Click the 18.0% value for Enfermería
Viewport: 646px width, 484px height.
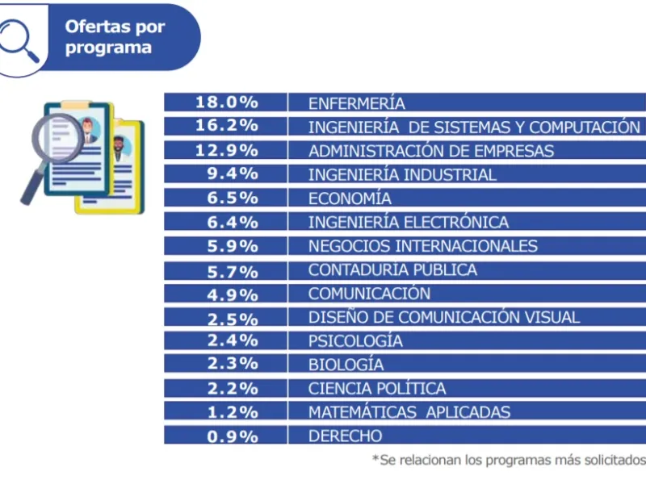pyautogui.click(x=226, y=102)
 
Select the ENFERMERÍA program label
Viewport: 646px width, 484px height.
pyautogui.click(x=356, y=103)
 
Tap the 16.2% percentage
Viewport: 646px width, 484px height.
pyautogui.click(x=226, y=127)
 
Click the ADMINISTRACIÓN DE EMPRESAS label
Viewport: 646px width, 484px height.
pyautogui.click(x=431, y=151)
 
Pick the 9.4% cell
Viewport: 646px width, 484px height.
pyautogui.click(x=226, y=174)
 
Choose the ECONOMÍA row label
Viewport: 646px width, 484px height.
pyautogui.click(x=350, y=198)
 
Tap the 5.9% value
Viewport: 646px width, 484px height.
pyautogui.click(x=226, y=246)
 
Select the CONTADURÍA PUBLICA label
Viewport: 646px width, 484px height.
pyautogui.click(x=392, y=269)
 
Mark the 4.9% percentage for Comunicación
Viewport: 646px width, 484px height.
pyautogui.click(x=226, y=294)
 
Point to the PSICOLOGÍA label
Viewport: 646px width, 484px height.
pyautogui.click(x=355, y=341)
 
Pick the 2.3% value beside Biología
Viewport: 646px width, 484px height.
pyautogui.click(x=226, y=365)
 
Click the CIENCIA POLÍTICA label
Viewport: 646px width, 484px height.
pyautogui.click(x=377, y=389)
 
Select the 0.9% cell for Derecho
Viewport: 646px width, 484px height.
pyautogui.click(x=226, y=436)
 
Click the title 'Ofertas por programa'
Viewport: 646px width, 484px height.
pyautogui.click(x=115, y=36)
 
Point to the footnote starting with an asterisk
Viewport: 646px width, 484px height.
pyautogui.click(x=509, y=460)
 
